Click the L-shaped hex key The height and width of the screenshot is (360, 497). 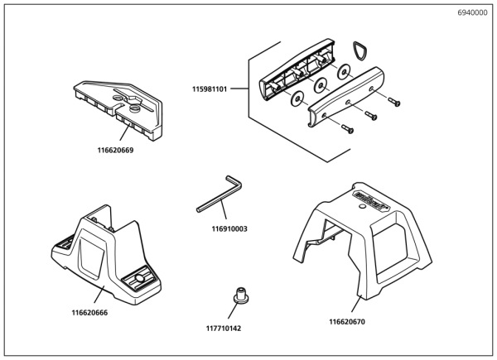(220, 194)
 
